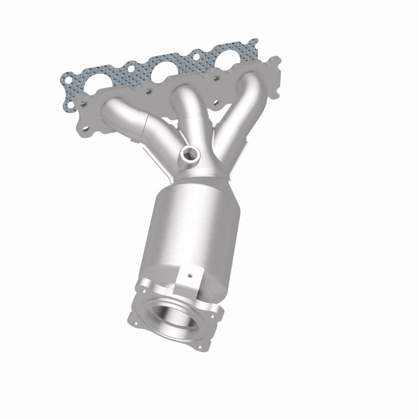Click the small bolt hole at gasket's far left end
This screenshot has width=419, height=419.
[68, 80]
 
